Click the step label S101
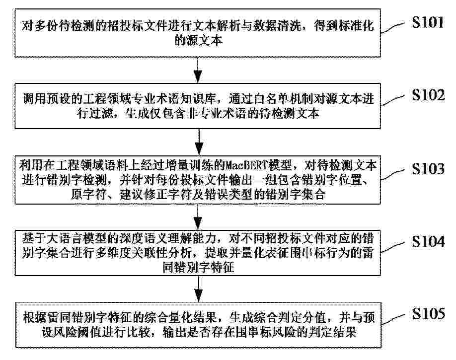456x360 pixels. click(x=428, y=22)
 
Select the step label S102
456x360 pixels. click(x=428, y=95)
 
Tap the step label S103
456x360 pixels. click(x=428, y=169)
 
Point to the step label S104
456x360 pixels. click(x=428, y=241)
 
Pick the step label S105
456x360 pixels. click(x=428, y=313)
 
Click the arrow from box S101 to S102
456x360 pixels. click(x=198, y=70)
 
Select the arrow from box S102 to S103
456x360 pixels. click(x=199, y=142)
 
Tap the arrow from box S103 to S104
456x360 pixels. click(x=198, y=217)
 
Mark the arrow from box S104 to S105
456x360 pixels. click(x=198, y=289)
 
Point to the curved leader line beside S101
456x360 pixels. click(x=392, y=28)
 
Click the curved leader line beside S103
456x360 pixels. click(x=392, y=174)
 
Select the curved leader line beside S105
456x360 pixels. click(x=393, y=319)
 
